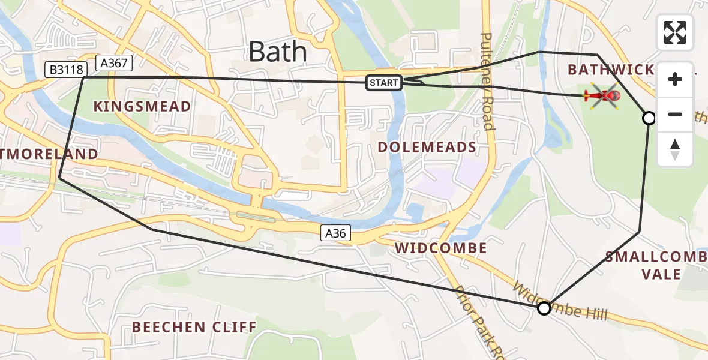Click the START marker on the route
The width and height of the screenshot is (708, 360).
[384, 83]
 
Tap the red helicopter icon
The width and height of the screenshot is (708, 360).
[602, 96]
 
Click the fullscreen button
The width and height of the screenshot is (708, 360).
[675, 32]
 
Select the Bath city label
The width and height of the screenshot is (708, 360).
[277, 52]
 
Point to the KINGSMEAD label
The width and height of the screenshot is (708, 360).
[142, 107]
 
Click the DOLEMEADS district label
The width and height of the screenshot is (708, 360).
[427, 147]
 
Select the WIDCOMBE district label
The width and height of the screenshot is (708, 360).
[440, 248]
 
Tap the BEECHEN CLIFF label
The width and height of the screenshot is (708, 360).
[194, 327]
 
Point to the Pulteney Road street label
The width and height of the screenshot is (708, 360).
[487, 82]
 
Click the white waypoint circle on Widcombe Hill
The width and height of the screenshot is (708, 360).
[544, 308]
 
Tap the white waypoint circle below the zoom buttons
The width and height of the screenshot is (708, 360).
[649, 118]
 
